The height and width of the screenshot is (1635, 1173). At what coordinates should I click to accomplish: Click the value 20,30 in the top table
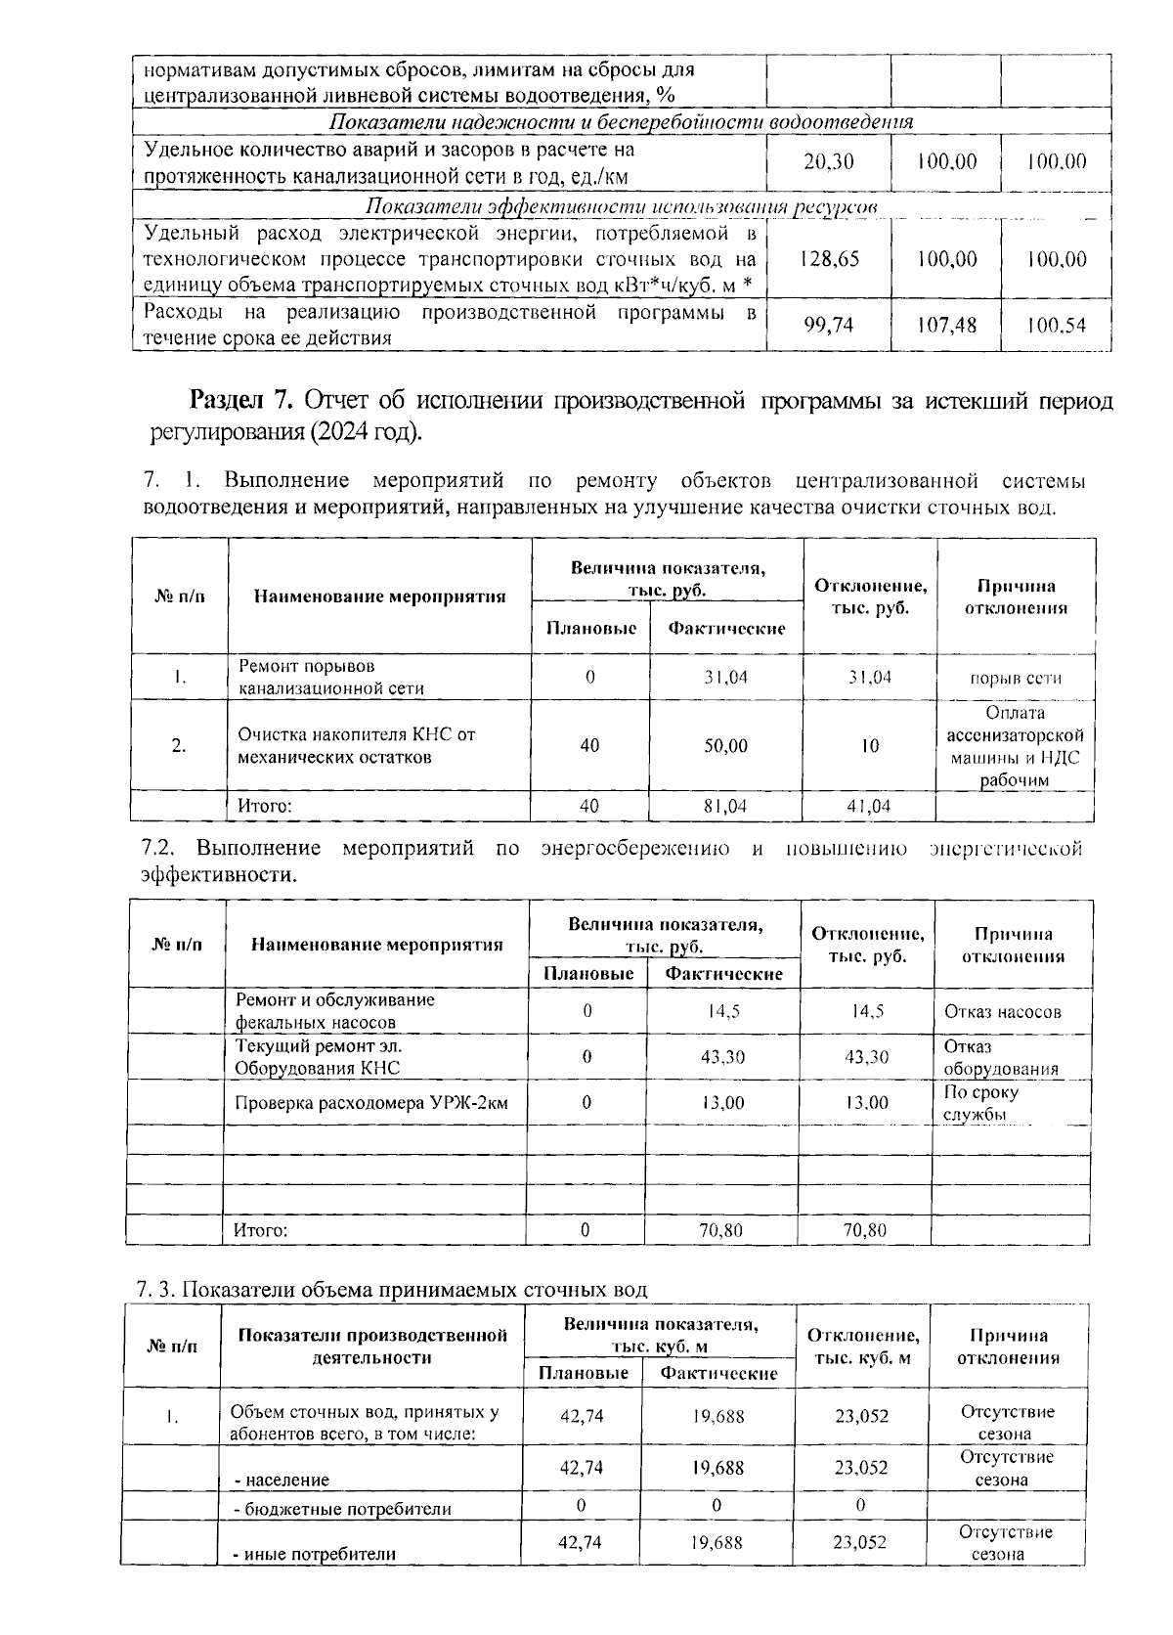(x=828, y=162)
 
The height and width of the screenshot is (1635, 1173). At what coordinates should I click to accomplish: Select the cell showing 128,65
(x=828, y=259)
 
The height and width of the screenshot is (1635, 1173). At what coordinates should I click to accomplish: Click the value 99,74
(x=828, y=325)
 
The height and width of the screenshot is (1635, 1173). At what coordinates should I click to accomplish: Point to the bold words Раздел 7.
(x=240, y=401)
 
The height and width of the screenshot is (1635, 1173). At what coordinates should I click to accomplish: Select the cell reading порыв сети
(x=1015, y=678)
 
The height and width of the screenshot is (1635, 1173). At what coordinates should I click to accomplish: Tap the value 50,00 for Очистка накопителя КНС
(x=725, y=745)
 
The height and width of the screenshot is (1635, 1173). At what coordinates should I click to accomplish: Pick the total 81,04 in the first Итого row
(x=725, y=806)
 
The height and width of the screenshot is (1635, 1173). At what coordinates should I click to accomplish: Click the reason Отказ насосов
(x=1002, y=1011)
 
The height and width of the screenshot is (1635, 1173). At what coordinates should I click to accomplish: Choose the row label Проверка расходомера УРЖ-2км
(x=371, y=1103)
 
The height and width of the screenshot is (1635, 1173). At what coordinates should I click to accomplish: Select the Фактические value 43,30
(x=723, y=1057)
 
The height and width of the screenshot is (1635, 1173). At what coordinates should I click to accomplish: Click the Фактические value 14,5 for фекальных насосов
(x=723, y=1011)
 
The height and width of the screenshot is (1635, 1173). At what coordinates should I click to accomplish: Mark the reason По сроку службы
(x=980, y=1103)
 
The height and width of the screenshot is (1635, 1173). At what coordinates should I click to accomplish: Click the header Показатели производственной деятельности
(x=371, y=1347)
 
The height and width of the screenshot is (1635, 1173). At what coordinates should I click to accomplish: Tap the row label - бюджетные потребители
(x=342, y=1508)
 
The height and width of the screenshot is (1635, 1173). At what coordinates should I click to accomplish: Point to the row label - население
(x=282, y=1480)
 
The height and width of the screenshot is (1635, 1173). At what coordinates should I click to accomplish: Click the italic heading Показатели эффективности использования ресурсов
(x=621, y=206)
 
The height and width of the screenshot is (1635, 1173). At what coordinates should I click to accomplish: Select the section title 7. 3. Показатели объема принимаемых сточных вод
(x=392, y=1289)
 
